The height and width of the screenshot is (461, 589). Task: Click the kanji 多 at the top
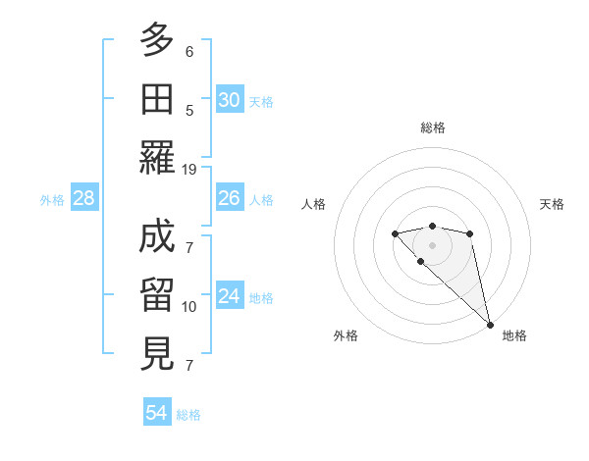point(157,40)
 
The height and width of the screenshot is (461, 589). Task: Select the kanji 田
point(157,98)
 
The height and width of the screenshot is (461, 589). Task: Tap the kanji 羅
point(157,157)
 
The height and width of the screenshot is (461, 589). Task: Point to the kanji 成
point(157,237)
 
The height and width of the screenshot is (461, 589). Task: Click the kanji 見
point(157,353)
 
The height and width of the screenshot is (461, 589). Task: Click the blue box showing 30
point(230,100)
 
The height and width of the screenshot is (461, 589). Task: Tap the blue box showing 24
point(230,297)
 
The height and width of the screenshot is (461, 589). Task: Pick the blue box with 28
point(84,199)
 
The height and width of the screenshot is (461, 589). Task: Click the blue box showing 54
point(157,413)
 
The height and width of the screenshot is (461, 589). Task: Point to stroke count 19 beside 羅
point(189,169)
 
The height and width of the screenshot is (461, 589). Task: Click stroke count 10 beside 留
point(189,307)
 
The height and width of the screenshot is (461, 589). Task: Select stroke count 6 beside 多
point(189,51)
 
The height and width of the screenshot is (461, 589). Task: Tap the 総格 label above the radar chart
point(432,128)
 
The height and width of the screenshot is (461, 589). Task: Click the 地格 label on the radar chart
point(514,335)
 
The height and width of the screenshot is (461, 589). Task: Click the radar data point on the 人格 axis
point(395,233)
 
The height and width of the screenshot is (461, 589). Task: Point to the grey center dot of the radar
point(432,244)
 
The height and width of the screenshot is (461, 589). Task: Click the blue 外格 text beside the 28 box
point(52,200)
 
